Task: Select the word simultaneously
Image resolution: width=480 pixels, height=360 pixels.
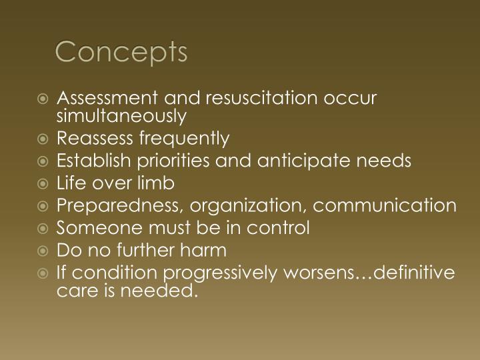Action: pos(121,116)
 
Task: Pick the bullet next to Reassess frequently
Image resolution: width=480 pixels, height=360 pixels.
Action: pos(43,139)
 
